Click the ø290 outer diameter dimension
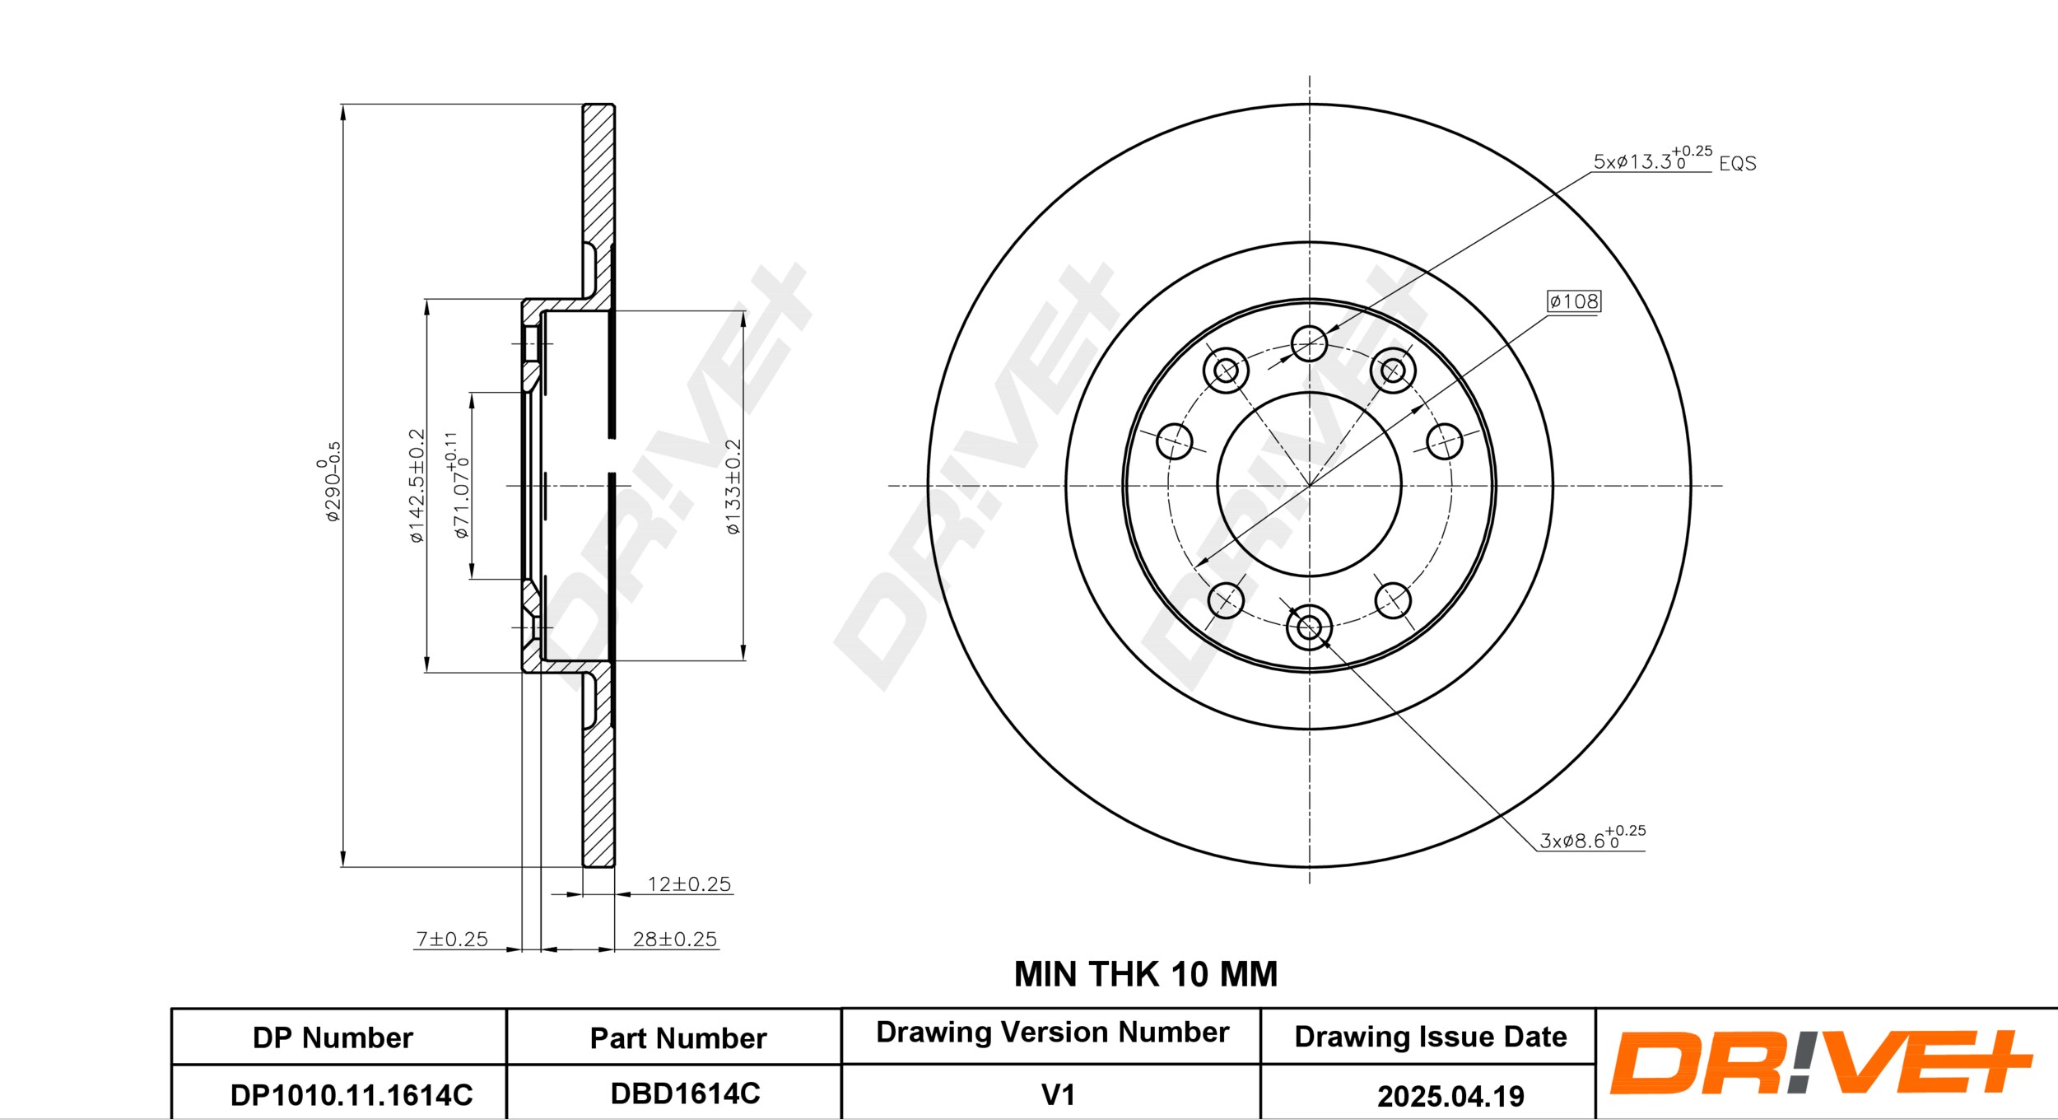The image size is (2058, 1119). pyautogui.click(x=329, y=482)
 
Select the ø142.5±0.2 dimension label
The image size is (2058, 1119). pyautogui.click(x=417, y=486)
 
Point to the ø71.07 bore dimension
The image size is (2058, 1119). pyautogui.click(x=459, y=486)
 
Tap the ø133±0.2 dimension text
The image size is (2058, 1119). pyautogui.click(x=733, y=487)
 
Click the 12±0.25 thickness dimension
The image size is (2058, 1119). pyautogui.click(x=689, y=884)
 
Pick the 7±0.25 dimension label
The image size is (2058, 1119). pyautogui.click(x=452, y=939)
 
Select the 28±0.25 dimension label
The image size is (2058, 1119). pyautogui.click(x=675, y=939)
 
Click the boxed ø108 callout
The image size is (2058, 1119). pyautogui.click(x=1574, y=301)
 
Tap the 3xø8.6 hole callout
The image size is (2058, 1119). pyautogui.click(x=1592, y=837)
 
